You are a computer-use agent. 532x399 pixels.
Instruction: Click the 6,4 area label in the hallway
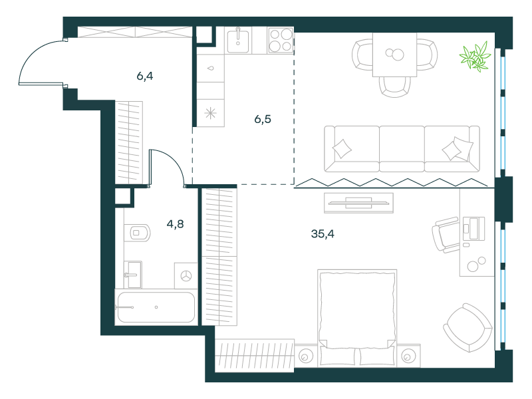[145, 76]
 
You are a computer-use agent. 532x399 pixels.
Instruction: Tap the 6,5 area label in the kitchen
[263, 119]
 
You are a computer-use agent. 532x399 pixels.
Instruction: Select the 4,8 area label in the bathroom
[175, 224]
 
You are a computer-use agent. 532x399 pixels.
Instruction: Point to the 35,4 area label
[323, 234]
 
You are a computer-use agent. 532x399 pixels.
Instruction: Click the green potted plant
[475, 57]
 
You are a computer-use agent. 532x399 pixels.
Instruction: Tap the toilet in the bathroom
[137, 233]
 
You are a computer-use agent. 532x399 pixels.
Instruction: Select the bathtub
[156, 307]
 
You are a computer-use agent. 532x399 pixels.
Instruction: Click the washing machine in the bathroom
[186, 276]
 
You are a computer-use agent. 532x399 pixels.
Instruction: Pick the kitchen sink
[238, 41]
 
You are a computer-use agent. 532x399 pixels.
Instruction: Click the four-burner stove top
[281, 41]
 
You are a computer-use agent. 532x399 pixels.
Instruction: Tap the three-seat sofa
[402, 149]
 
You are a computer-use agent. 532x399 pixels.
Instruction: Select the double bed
[357, 319]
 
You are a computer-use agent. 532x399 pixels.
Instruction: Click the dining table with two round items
[394, 55]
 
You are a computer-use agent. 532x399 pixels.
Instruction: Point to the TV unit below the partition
[358, 203]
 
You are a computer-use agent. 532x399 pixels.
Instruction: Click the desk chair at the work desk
[446, 235]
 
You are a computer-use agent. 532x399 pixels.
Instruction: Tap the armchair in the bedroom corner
[468, 328]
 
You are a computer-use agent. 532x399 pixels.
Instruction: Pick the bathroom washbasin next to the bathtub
[132, 275]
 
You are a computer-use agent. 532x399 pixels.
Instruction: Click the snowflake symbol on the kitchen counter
[210, 113]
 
